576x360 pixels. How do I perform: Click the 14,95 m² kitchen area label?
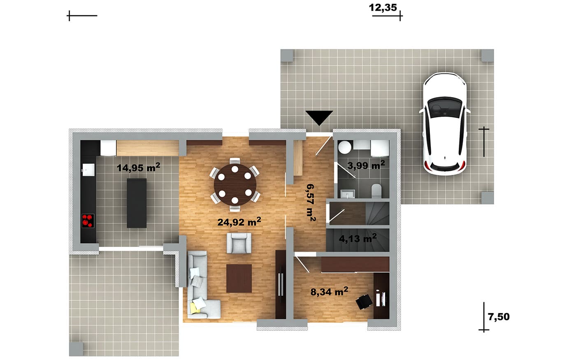pyautogui.click(x=138, y=167)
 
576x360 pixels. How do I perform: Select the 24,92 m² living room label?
pyautogui.click(x=239, y=222)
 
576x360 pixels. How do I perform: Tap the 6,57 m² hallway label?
pyautogui.click(x=311, y=202)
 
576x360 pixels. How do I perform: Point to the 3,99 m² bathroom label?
pyautogui.click(x=366, y=165)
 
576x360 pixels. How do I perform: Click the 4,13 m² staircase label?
pyautogui.click(x=358, y=238)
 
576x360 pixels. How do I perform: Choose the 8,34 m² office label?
pyautogui.click(x=330, y=292)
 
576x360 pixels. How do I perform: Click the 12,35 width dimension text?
pyautogui.click(x=383, y=8)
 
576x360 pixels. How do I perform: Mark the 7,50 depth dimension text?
pyautogui.click(x=499, y=317)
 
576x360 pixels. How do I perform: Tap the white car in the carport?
pyautogui.click(x=445, y=124)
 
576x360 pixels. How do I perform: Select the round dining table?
pyautogui.click(x=235, y=184)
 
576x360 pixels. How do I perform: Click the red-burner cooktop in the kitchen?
pyautogui.click(x=88, y=221)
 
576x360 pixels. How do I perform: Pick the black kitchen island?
pyautogui.click(x=137, y=203)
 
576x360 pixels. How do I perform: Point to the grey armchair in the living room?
pyautogui.click(x=239, y=243)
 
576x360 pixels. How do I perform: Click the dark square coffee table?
pyautogui.click(x=239, y=279)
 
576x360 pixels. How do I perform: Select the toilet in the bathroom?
pyautogui.click(x=377, y=190)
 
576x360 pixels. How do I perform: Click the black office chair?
pyautogui.click(x=364, y=302)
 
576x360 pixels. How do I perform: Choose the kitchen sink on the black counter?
pyautogui.click(x=88, y=170)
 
